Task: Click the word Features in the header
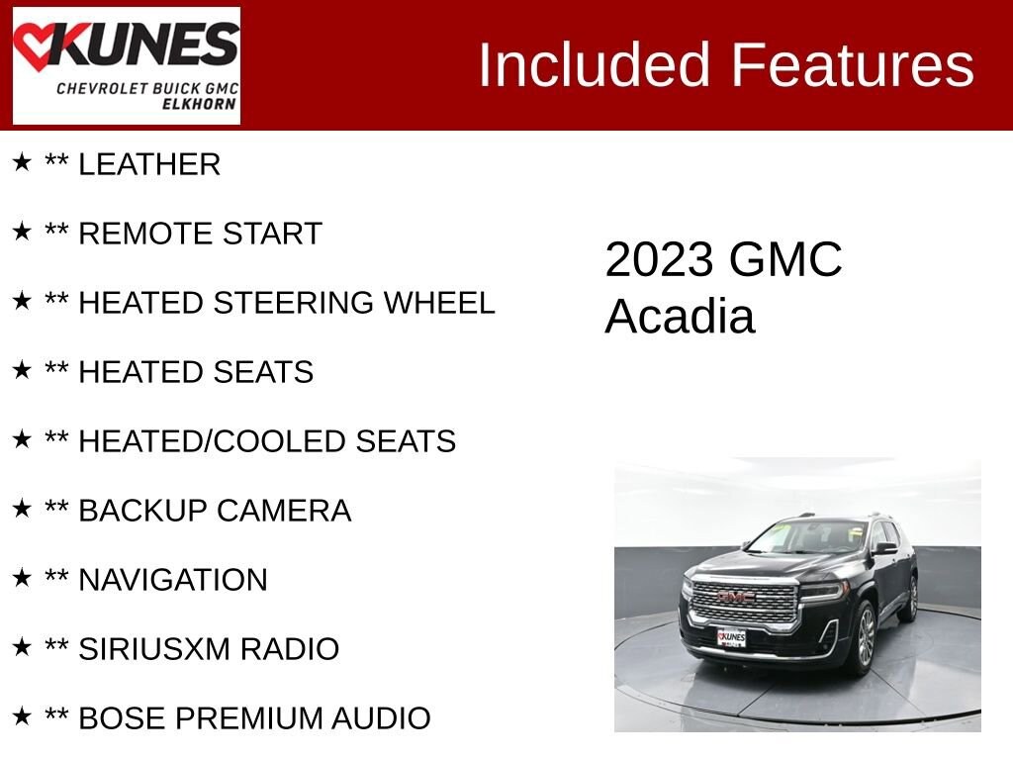tap(853, 65)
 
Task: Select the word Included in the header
tap(595, 65)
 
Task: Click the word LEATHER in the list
tap(149, 165)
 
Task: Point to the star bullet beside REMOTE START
tap(22, 233)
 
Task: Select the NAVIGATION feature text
tap(173, 580)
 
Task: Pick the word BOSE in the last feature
tap(116, 718)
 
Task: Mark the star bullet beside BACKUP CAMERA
tap(22, 510)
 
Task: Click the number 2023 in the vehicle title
tap(659, 260)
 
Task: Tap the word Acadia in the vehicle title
tap(680, 317)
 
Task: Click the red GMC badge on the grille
tap(736, 597)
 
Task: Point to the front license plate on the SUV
tap(732, 637)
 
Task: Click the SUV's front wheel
tap(865, 637)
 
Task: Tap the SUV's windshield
tap(809, 537)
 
